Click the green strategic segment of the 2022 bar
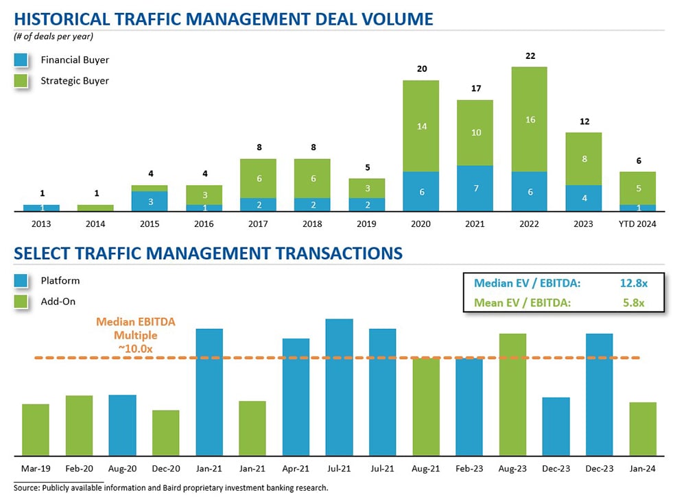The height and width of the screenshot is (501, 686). pyautogui.click(x=529, y=119)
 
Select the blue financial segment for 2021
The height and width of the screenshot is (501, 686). pyautogui.click(x=475, y=188)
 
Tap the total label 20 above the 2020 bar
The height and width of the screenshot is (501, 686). pyautogui.click(x=421, y=69)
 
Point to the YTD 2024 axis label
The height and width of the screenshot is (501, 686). pyautogui.click(x=637, y=224)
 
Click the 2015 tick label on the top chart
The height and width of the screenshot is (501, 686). pyautogui.click(x=150, y=224)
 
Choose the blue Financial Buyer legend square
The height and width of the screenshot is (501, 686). pyautogui.click(x=21, y=60)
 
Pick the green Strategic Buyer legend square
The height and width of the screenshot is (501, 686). pyautogui.click(x=21, y=81)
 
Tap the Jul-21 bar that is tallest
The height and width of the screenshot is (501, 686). pyautogui.click(x=339, y=387)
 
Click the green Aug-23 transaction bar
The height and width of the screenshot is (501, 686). pyautogui.click(x=512, y=394)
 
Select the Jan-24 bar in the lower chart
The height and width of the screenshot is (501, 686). pyautogui.click(x=643, y=428)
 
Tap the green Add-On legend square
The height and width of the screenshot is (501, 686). pyautogui.click(x=21, y=302)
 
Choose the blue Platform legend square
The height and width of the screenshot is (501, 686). pyautogui.click(x=21, y=281)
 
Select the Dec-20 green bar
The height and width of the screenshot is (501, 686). pyautogui.click(x=165, y=432)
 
